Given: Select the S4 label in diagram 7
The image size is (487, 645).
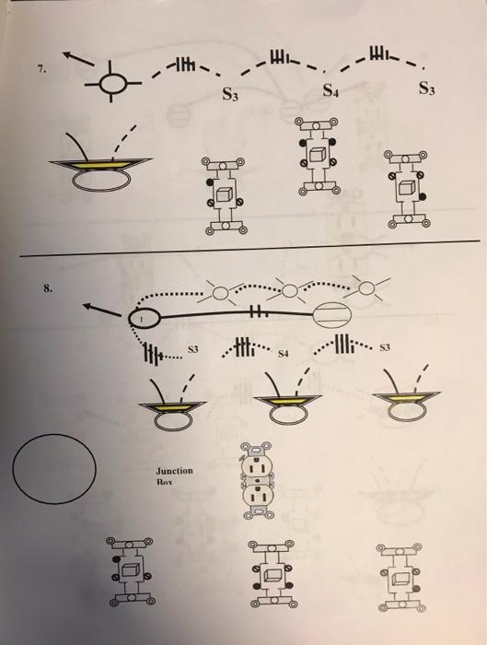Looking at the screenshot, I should pyautogui.click(x=330, y=92).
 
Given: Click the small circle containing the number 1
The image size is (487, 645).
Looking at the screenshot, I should pyautogui.click(x=144, y=318).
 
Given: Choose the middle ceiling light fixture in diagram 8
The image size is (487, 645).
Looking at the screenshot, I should pyautogui.click(x=277, y=406).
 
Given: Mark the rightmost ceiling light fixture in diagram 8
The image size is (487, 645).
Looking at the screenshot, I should pyautogui.click(x=401, y=406).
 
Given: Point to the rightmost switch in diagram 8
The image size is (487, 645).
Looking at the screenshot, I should pyautogui.click(x=400, y=578).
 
